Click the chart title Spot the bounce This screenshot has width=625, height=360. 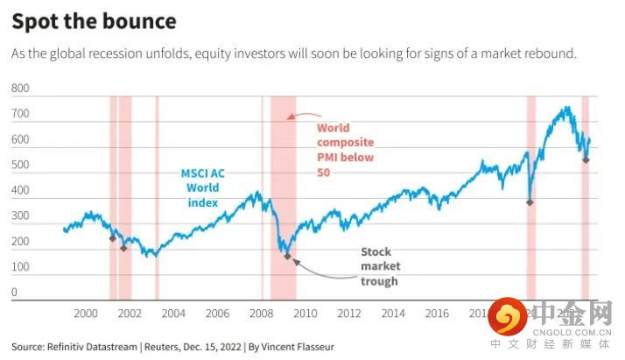(94, 21)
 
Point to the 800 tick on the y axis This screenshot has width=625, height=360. (21, 89)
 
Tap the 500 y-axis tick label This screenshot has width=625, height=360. (21, 166)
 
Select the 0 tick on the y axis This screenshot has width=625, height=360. (15, 293)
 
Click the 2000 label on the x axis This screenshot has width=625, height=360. (85, 313)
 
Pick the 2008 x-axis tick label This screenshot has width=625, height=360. (261, 313)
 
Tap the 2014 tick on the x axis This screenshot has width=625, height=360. (393, 313)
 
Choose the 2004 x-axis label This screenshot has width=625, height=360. (172, 313)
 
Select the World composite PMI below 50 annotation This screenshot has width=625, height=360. (345, 149)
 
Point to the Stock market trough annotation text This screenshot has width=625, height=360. (379, 266)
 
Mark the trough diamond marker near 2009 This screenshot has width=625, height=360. (287, 257)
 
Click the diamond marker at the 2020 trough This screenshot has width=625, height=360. (530, 202)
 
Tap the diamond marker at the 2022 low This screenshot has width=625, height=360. (586, 160)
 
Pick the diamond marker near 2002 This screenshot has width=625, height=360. (123, 249)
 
